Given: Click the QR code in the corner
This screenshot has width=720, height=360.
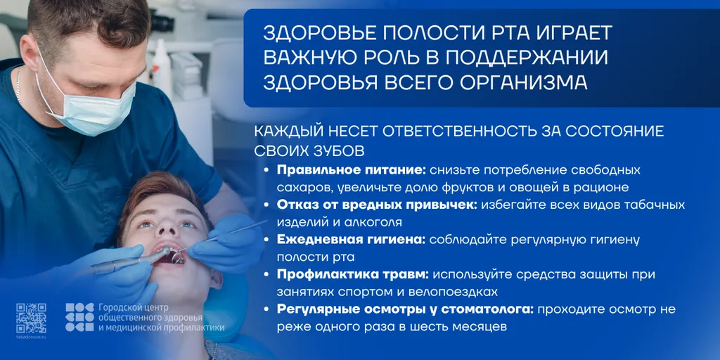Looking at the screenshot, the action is [31, 319].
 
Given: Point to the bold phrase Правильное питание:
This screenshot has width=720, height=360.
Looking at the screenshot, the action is [352, 170].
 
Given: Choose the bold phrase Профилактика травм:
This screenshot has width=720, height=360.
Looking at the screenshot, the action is [353, 274].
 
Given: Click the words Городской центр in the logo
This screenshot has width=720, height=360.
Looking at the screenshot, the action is [127, 307].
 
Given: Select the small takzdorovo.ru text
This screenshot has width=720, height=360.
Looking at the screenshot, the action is [31, 337].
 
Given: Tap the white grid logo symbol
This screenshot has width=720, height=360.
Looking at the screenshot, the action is [79, 317].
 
